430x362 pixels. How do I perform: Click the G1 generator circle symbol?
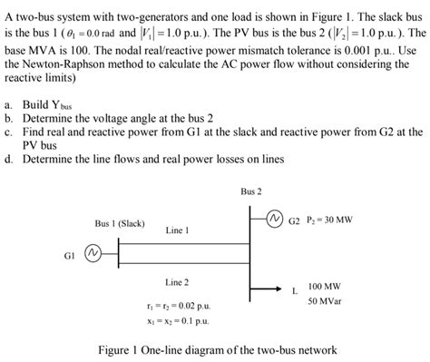pyautogui.click(x=91, y=256)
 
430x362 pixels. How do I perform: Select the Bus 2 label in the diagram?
pyautogui.click(x=251, y=191)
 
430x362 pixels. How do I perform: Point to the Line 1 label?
pyautogui.click(x=177, y=230)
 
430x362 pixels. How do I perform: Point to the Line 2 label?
pyautogui.click(x=177, y=283)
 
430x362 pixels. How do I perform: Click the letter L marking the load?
pyautogui.click(x=294, y=291)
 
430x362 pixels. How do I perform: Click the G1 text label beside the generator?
pyautogui.click(x=70, y=256)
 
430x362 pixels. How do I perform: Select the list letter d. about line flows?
pyautogui.click(x=8, y=158)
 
